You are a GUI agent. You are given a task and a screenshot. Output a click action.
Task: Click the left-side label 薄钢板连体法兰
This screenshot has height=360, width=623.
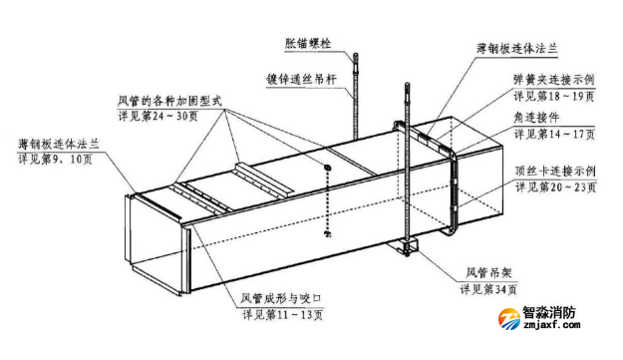click(59, 144)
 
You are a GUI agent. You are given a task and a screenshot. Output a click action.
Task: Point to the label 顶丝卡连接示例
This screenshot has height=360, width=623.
click(557, 170)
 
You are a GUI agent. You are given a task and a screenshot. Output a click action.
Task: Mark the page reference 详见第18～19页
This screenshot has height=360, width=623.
click(554, 97)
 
